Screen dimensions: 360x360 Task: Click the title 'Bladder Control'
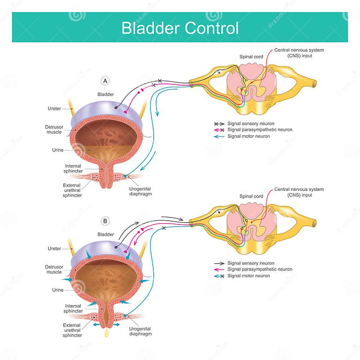click(x=180, y=28)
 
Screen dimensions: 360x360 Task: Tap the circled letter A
click(x=106, y=81)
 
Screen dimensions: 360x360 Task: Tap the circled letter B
click(x=106, y=220)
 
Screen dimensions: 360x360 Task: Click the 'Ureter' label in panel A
click(x=54, y=108)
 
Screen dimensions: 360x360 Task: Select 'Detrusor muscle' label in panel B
click(x=54, y=269)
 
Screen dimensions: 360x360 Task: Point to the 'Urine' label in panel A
click(x=58, y=150)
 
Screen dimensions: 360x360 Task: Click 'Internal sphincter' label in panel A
click(x=73, y=169)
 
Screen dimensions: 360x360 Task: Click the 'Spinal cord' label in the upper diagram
click(x=251, y=57)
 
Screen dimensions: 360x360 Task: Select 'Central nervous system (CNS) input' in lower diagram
click(x=299, y=192)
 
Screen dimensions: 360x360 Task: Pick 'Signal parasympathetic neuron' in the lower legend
click(x=260, y=270)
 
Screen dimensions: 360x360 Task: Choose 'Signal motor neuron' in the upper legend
click(x=248, y=136)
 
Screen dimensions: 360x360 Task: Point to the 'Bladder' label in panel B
click(x=106, y=234)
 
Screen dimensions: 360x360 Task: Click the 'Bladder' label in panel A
click(x=106, y=95)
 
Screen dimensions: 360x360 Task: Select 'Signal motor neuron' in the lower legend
click(x=248, y=276)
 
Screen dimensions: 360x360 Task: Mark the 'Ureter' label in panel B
click(x=54, y=248)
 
